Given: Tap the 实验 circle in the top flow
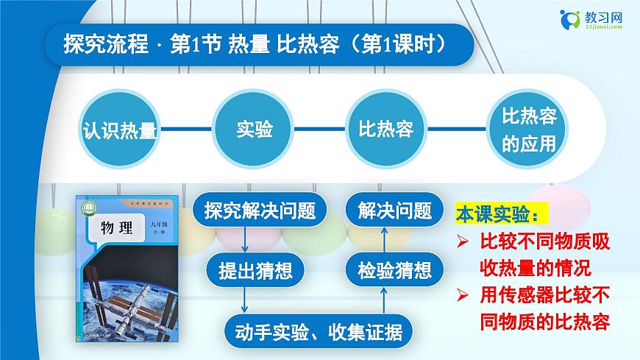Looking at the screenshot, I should pos(254,130).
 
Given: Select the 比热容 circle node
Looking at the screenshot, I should pos(385,130).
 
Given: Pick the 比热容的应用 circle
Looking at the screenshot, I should pos(528,130).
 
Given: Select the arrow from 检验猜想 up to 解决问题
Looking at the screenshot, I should pos(383,240).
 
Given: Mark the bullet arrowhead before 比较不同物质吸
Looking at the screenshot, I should pos(462,241).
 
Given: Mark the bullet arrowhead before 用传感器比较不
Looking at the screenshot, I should pos(462,295).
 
